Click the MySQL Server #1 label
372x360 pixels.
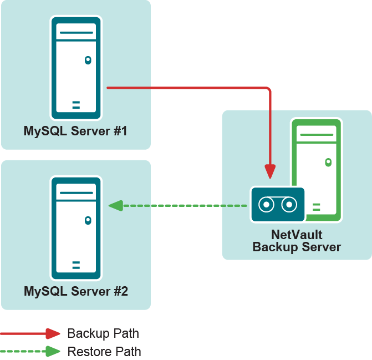[x=75, y=131]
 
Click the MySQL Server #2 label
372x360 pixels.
[x=75, y=291]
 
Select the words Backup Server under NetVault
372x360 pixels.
[x=297, y=247]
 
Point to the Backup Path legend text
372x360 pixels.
[x=103, y=333]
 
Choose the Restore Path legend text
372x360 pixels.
[x=104, y=352]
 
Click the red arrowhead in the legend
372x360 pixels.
[x=53, y=333]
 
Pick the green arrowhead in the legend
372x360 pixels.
[x=53, y=352]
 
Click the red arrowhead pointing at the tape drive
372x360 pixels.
[x=270, y=171]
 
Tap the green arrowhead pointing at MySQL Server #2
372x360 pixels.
[x=115, y=206]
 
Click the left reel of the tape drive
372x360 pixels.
[x=266, y=205]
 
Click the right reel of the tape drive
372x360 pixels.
[x=289, y=205]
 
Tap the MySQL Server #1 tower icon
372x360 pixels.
[x=76, y=68]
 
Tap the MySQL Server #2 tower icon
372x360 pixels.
[x=76, y=228]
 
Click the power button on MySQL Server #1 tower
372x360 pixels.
[x=88, y=60]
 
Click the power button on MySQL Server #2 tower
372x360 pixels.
[x=88, y=220]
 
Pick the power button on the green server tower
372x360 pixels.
[x=329, y=162]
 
